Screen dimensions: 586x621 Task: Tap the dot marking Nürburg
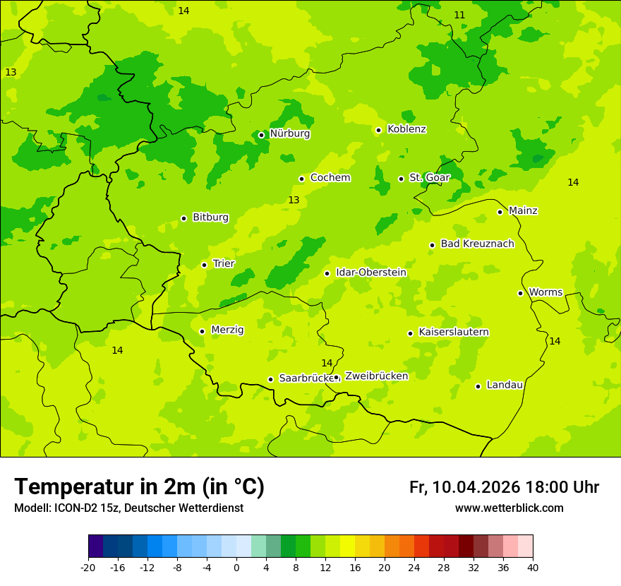(261, 135)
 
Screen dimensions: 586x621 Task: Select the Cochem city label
(330, 178)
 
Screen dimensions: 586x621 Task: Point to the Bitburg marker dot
(183, 219)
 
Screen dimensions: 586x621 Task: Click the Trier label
(223, 264)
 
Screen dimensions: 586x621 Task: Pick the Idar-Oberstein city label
(370, 273)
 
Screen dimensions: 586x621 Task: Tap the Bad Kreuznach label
(477, 244)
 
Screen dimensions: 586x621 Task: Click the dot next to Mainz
(500, 212)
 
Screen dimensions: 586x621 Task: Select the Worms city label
(545, 292)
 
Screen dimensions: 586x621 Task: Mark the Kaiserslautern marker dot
(410, 333)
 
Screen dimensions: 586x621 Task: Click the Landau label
(504, 385)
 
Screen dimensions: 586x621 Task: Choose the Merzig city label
(227, 330)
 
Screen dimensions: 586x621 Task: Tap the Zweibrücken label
(376, 376)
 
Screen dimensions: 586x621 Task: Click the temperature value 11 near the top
(459, 15)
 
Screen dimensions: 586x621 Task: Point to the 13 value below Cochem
(294, 201)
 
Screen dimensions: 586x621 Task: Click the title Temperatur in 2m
(139, 487)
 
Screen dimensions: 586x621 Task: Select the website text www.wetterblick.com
(509, 508)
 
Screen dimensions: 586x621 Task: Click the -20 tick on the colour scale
(88, 567)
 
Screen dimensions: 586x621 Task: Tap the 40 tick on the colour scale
(533, 567)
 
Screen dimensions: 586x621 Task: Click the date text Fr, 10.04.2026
(464, 487)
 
